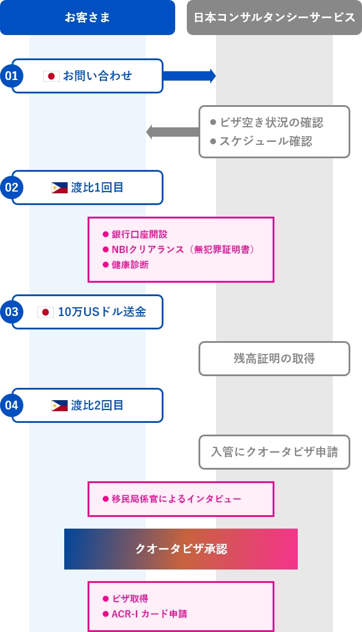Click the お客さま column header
click(88, 18)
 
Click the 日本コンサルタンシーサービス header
click(274, 18)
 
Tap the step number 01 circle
click(12, 75)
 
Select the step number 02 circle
click(12, 187)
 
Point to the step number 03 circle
click(12, 312)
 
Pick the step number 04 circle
click(12, 405)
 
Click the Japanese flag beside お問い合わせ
click(51, 76)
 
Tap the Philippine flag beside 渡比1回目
click(60, 187)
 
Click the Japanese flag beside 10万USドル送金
click(46, 312)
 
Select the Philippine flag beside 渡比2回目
click(60, 405)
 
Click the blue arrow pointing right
click(189, 76)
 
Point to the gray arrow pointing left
click(172, 132)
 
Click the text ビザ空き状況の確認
click(271, 123)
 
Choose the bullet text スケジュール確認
click(266, 141)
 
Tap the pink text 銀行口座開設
click(140, 234)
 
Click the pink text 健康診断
click(130, 265)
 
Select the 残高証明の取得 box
click(274, 359)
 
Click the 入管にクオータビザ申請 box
click(274, 452)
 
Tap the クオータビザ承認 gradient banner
click(181, 549)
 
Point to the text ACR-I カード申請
click(149, 614)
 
